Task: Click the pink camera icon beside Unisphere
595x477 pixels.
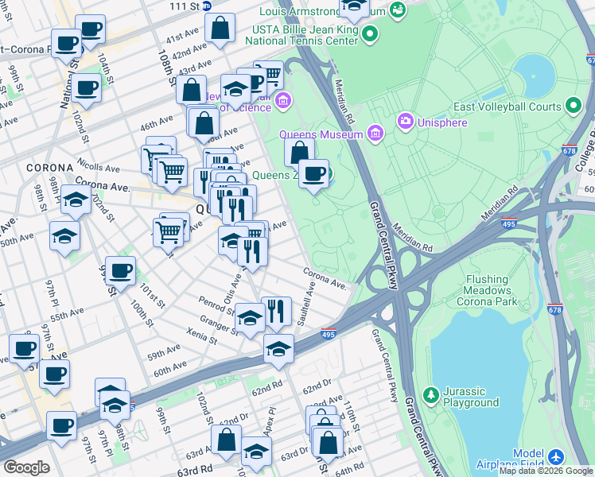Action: tap(406, 121)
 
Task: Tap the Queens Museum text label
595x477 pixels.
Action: tap(330, 135)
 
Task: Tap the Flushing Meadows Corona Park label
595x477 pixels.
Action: tap(477, 290)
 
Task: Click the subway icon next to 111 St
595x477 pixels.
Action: tap(206, 5)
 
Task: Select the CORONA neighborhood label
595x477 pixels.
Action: tap(49, 169)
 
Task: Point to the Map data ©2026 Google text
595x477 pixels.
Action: tap(546, 471)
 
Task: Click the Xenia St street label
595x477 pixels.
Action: tap(200, 335)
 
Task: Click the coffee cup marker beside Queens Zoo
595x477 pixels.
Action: tap(314, 173)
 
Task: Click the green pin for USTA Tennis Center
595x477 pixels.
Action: tap(370, 33)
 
